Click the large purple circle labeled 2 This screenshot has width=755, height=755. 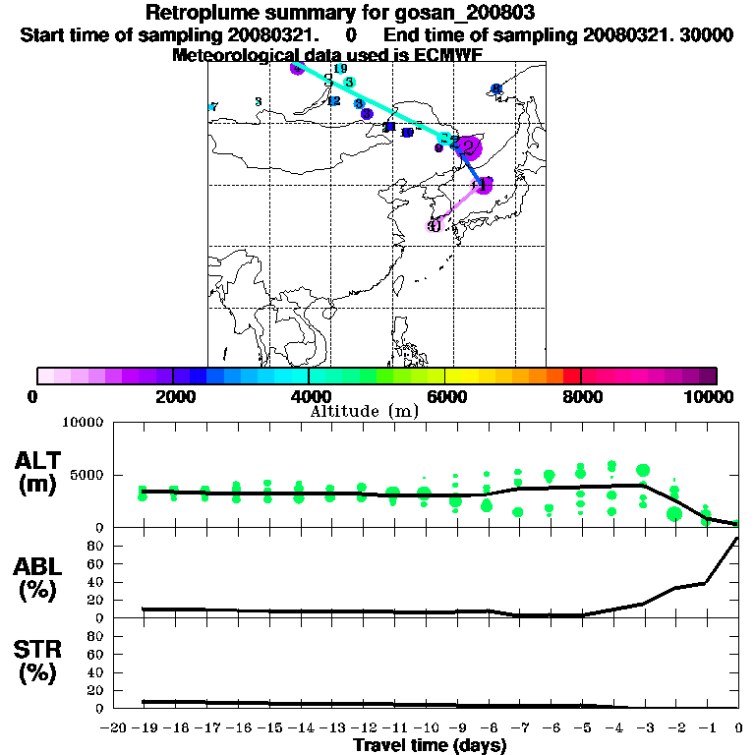[x=470, y=148]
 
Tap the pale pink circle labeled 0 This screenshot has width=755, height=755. [x=435, y=225]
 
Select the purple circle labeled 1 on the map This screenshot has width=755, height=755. [x=483, y=185]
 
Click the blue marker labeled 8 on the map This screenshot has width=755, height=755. [x=496, y=89]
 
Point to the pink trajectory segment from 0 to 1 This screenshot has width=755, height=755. [x=458, y=205]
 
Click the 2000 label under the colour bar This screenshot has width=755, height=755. [x=172, y=396]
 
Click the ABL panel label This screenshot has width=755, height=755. [x=40, y=579]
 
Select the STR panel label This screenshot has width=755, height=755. [x=40, y=661]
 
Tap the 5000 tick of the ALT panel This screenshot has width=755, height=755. [x=88, y=475]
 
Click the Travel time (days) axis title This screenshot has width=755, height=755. [x=430, y=746]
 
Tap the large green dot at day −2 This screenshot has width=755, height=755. [x=674, y=513]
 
